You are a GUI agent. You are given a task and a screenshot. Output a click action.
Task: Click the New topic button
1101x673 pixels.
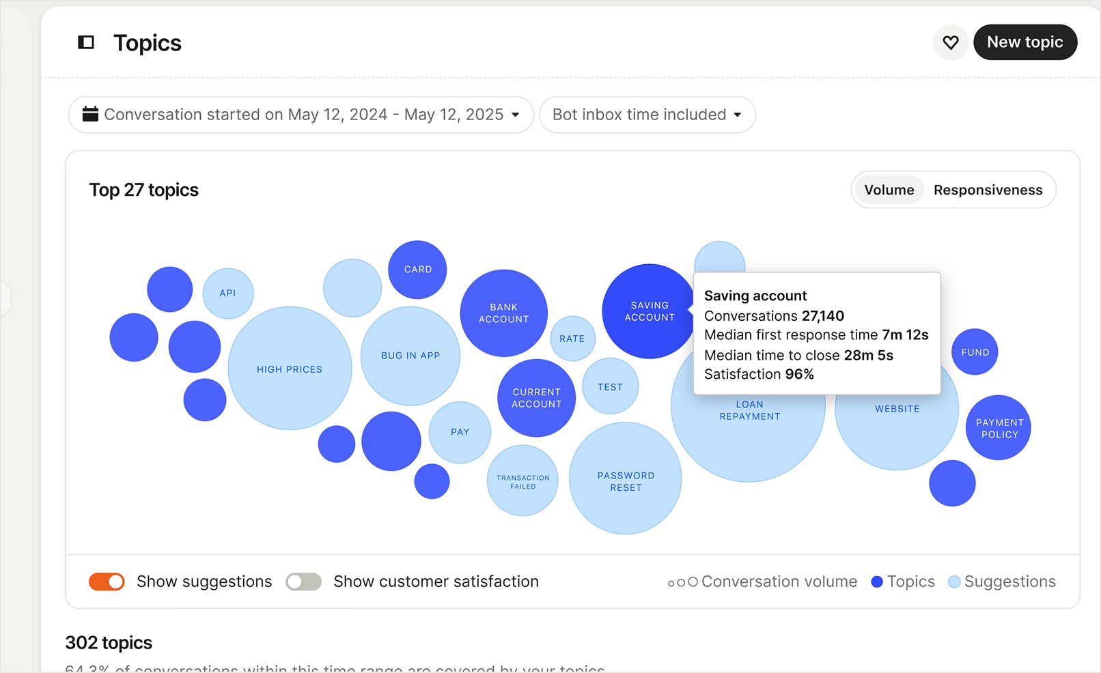point(1025,42)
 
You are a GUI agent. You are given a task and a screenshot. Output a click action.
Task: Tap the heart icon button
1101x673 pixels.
point(950,42)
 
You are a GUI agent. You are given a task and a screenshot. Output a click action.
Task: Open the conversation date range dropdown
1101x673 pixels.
point(301,115)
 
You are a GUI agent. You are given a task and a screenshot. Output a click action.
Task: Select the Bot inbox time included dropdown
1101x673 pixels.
point(647,115)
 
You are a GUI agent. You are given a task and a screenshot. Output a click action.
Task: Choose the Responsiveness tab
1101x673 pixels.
point(988,190)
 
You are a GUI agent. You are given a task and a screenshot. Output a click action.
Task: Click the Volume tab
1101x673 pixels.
point(889,190)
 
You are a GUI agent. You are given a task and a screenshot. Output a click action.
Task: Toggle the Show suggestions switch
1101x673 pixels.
point(107,582)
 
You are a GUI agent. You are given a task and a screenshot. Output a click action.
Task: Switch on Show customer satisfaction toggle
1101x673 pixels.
point(304,582)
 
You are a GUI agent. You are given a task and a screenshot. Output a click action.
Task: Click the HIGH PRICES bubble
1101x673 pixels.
point(290,369)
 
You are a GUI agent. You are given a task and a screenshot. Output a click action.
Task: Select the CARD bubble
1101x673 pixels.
point(417,270)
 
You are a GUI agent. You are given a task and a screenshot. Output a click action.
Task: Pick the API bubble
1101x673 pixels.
point(228,293)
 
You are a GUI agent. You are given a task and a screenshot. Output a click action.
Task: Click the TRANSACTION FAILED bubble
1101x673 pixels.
point(522,481)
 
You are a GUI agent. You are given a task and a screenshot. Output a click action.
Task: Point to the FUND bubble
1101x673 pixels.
point(975,352)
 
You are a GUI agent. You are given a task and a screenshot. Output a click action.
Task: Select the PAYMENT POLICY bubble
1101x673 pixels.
point(999,428)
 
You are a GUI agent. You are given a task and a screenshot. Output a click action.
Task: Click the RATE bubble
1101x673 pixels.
point(572,339)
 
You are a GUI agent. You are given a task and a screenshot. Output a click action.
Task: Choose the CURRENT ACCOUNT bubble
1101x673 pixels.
point(537,398)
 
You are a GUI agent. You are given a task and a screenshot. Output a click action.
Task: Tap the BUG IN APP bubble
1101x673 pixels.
point(410,356)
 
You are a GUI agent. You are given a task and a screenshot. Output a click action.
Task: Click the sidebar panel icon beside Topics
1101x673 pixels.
point(86,43)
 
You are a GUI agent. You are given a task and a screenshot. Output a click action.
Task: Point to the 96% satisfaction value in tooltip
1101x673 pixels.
point(799,374)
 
